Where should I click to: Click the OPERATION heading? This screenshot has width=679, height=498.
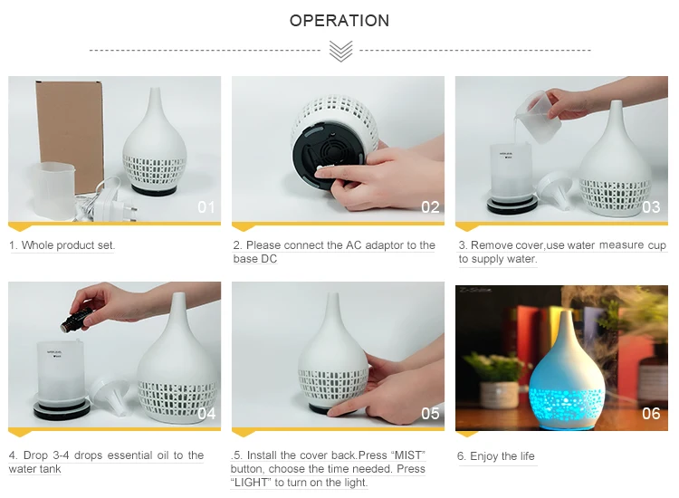[339, 20]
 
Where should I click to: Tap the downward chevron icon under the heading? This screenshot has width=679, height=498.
[340, 51]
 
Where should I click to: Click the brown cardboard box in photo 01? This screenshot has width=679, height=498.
[70, 135]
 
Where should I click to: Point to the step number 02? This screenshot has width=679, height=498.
[430, 207]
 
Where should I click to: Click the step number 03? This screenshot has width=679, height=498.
[651, 207]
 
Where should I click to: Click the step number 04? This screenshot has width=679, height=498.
[206, 414]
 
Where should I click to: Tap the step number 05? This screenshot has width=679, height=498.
[430, 414]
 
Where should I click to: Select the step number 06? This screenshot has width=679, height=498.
[651, 414]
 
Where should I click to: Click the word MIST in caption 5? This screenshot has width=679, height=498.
[408, 455]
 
